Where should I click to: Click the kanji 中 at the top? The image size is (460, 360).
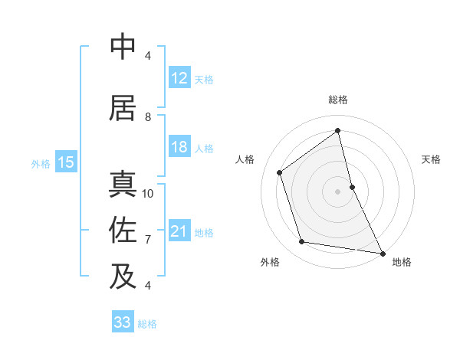click(x=123, y=47)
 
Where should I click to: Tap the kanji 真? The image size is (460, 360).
click(x=123, y=185)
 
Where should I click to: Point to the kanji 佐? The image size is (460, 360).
click(x=123, y=229)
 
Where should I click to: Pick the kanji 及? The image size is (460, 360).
click(x=123, y=276)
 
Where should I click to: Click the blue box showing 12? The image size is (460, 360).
click(x=179, y=79)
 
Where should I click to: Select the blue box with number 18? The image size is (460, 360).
click(x=179, y=148)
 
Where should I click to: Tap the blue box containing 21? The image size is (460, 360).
click(x=179, y=232)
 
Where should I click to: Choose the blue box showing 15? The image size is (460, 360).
click(x=66, y=162)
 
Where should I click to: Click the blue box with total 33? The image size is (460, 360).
click(x=122, y=322)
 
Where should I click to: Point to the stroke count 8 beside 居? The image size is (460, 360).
click(x=148, y=117)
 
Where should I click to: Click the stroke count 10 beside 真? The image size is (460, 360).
click(x=148, y=193)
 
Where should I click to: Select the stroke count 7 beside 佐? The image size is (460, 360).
click(x=148, y=240)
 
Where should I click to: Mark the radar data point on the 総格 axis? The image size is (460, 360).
click(x=338, y=131)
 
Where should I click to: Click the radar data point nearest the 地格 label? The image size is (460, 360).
click(x=382, y=252)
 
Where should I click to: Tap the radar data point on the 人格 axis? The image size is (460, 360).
click(x=280, y=172)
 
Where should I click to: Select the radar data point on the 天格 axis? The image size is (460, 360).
click(x=352, y=186)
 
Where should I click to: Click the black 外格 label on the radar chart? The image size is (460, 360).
click(x=270, y=262)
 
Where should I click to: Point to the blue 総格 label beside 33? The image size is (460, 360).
click(x=147, y=324)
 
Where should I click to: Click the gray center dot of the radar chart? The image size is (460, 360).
click(x=337, y=191)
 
